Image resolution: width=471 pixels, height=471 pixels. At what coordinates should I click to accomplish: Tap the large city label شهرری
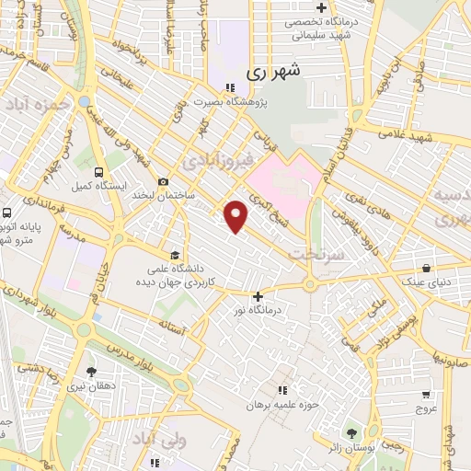click(274, 70)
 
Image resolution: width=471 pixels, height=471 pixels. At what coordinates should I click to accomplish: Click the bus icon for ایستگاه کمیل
click(98, 171)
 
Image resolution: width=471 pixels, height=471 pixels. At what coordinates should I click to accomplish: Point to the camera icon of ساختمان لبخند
click(164, 182)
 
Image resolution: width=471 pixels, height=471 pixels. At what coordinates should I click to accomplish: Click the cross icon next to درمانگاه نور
click(258, 296)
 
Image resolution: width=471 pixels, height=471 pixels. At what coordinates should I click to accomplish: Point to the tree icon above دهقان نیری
click(91, 373)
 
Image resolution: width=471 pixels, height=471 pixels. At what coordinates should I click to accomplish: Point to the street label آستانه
click(174, 323)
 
